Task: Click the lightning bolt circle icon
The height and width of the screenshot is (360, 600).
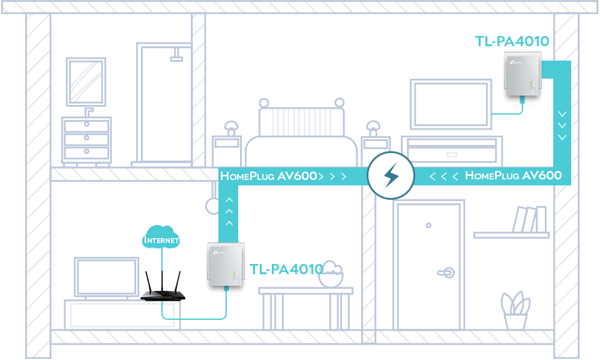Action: [x=391, y=176]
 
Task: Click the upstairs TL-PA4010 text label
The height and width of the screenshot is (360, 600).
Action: [x=512, y=41]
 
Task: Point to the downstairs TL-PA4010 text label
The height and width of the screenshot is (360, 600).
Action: [x=287, y=269]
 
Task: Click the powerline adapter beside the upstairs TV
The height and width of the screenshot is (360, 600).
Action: [x=523, y=74]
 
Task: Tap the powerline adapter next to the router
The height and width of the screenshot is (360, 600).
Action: [x=226, y=265]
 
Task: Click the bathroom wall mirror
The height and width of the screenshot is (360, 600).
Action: [x=86, y=82]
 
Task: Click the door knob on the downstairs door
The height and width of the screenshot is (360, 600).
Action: [x=446, y=273]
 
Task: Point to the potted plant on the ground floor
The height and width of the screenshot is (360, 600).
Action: [x=515, y=310]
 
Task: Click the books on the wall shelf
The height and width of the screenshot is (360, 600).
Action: [x=530, y=219]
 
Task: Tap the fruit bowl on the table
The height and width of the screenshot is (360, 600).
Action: [x=331, y=274]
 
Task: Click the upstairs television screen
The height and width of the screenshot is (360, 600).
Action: [x=451, y=104]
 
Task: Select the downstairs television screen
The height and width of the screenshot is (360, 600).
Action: [x=106, y=277]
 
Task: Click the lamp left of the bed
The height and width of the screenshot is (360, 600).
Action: [x=231, y=128]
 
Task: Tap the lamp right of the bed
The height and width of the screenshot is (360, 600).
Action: [x=373, y=128]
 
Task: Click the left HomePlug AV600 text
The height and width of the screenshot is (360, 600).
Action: [x=269, y=176]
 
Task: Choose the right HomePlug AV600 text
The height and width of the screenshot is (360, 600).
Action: [x=513, y=176]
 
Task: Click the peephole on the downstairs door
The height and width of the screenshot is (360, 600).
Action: [x=428, y=226]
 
